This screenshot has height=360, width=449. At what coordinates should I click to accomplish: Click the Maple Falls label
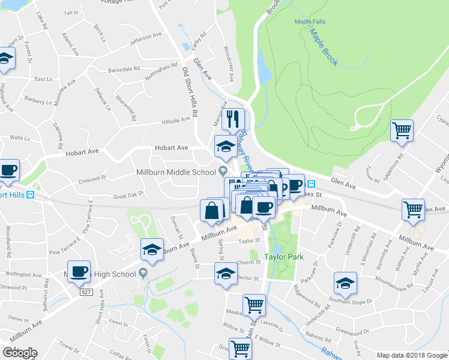[x=310, y=22]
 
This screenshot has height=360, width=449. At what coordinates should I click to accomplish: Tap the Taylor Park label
[x=284, y=257]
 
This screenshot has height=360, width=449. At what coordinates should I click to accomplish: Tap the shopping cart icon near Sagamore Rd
[x=402, y=130]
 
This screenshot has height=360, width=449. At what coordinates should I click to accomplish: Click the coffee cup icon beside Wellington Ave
[x=79, y=271]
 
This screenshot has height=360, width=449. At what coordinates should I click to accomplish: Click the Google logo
[x=20, y=353]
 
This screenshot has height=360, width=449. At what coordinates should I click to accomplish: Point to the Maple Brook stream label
[x=325, y=46]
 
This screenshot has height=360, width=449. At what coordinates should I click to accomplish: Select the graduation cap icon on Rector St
[x=226, y=274]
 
